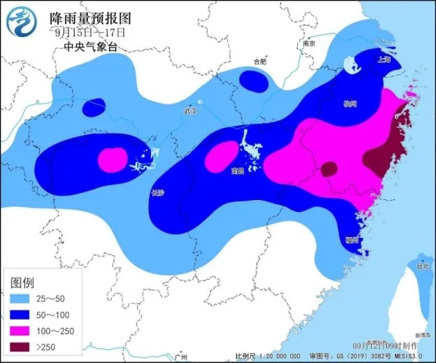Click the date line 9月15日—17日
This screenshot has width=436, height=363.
pos(91,32)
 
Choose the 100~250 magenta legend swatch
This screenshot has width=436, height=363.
pos(23,330)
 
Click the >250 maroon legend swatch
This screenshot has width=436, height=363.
pos(23,348)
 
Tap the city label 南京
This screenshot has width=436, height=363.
pos(309,43)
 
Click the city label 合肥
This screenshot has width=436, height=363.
pos(260,62)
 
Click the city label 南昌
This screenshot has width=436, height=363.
pos(240,170)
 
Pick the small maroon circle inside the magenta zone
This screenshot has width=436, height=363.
pos(328,169)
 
